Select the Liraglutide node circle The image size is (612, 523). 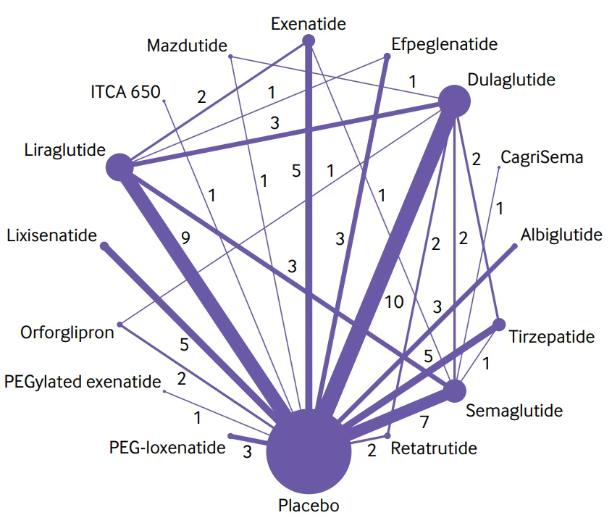[x=120, y=167]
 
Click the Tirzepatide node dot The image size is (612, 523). [x=498, y=323]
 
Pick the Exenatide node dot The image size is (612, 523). [x=308, y=41]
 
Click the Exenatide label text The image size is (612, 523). [x=308, y=24]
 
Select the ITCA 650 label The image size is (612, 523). [x=125, y=92]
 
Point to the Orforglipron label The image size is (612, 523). [x=67, y=333]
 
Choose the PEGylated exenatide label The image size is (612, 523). [x=82, y=380]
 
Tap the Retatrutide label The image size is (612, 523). [x=434, y=448]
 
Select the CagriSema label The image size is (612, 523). [x=541, y=157]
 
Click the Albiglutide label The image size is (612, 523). [x=561, y=234]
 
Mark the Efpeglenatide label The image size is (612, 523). [x=444, y=45]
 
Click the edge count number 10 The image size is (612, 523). [x=394, y=301]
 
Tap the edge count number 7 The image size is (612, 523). [x=425, y=420]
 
